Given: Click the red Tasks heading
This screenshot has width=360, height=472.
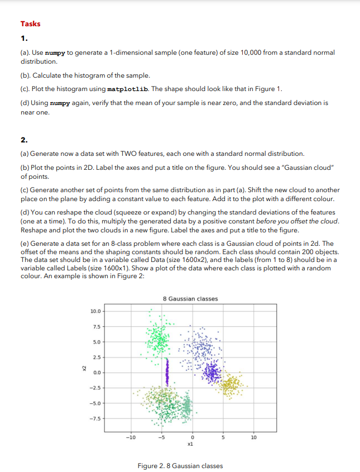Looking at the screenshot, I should pos(30,23).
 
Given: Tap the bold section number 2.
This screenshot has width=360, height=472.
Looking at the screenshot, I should pos(23,140).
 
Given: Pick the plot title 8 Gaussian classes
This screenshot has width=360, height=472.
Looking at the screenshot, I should pos(190,299).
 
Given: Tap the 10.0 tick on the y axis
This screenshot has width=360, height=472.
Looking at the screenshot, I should pos(95,311).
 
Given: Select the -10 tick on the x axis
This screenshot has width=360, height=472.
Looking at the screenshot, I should pos(130,437).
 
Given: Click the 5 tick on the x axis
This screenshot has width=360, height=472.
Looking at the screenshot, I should pos(223,437).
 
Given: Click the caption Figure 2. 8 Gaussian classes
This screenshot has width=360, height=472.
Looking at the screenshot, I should pos(180,465).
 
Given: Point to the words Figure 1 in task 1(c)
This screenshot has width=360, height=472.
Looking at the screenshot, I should pos(271,89).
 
